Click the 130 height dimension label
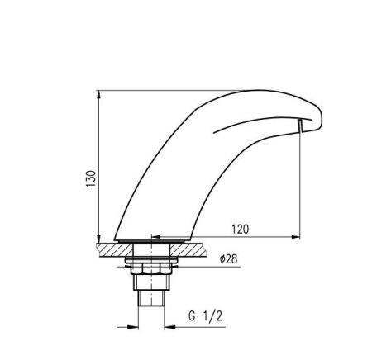[x=91, y=178]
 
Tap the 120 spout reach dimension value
[x=241, y=229]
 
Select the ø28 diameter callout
[x=229, y=259]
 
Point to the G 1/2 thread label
[x=205, y=316]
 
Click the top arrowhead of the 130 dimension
[x=99, y=94]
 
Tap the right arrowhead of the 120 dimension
[x=295, y=236]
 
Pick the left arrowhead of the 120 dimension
[x=156, y=236]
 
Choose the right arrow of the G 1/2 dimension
[x=169, y=327]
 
